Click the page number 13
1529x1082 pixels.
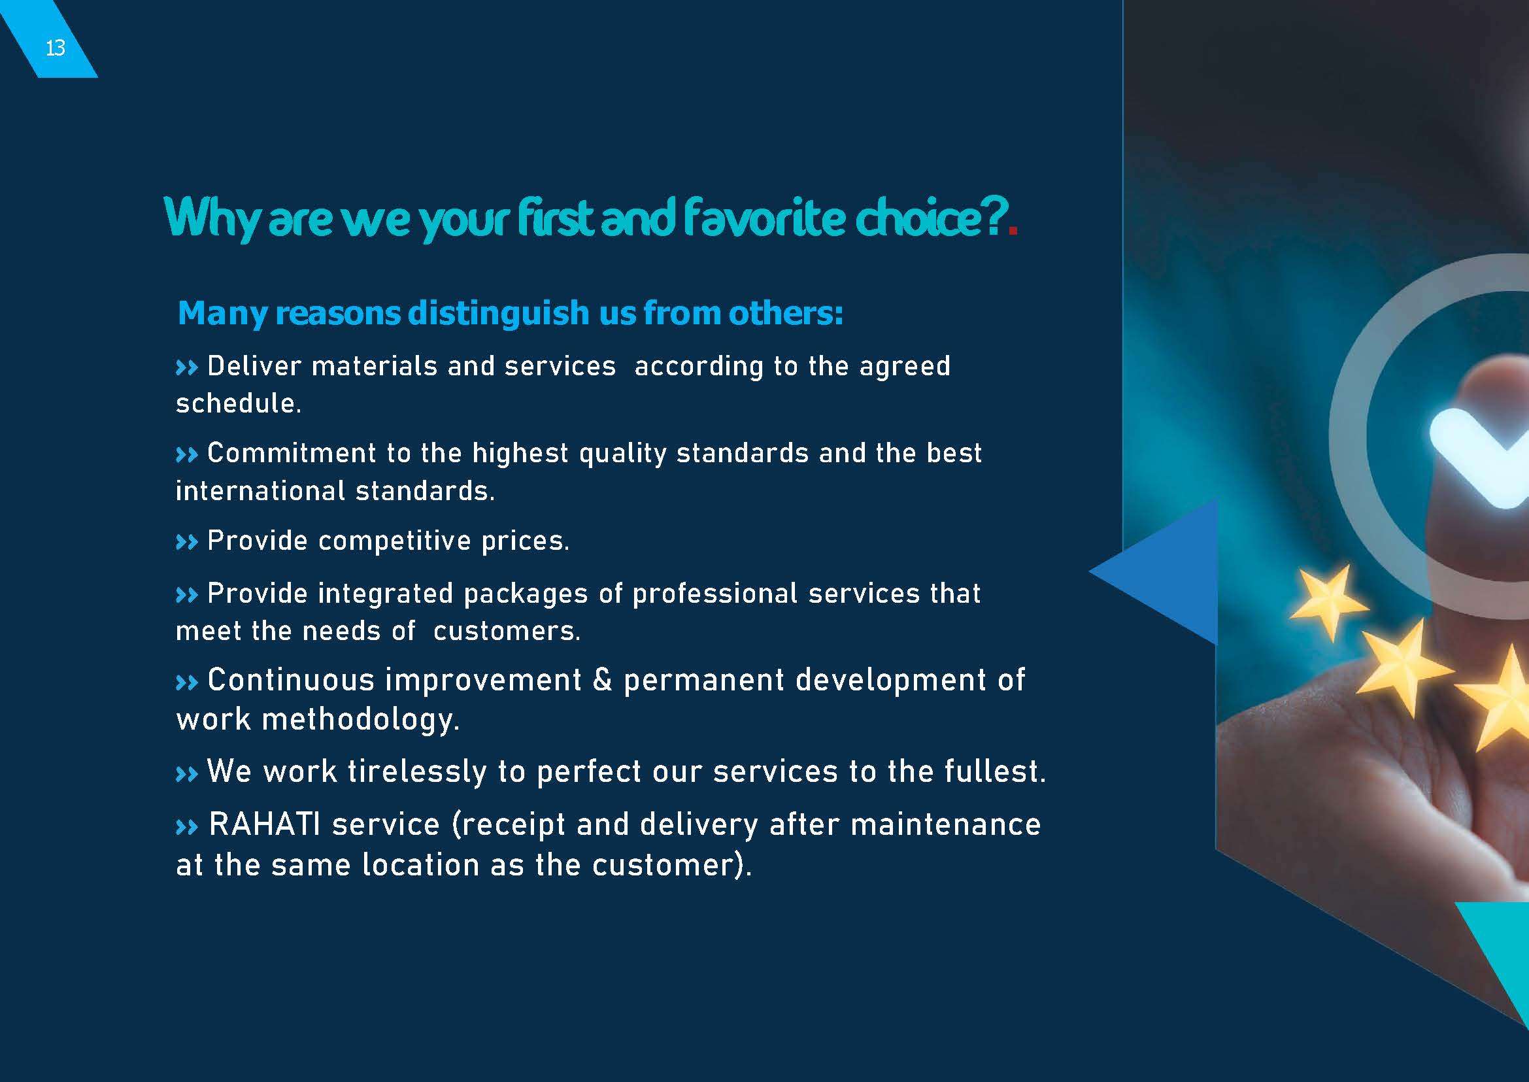click(x=56, y=48)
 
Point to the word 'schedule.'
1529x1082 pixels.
click(x=239, y=403)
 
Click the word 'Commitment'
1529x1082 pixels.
click(x=292, y=453)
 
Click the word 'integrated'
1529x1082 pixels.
click(x=386, y=593)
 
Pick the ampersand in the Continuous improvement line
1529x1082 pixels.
click(x=601, y=679)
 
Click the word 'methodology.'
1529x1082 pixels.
click(x=360, y=719)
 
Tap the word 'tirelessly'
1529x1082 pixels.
click(x=417, y=771)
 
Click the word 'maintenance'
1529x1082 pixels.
click(x=945, y=824)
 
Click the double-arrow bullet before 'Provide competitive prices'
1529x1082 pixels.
click(x=186, y=543)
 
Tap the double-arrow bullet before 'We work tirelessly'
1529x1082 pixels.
click(x=186, y=773)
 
